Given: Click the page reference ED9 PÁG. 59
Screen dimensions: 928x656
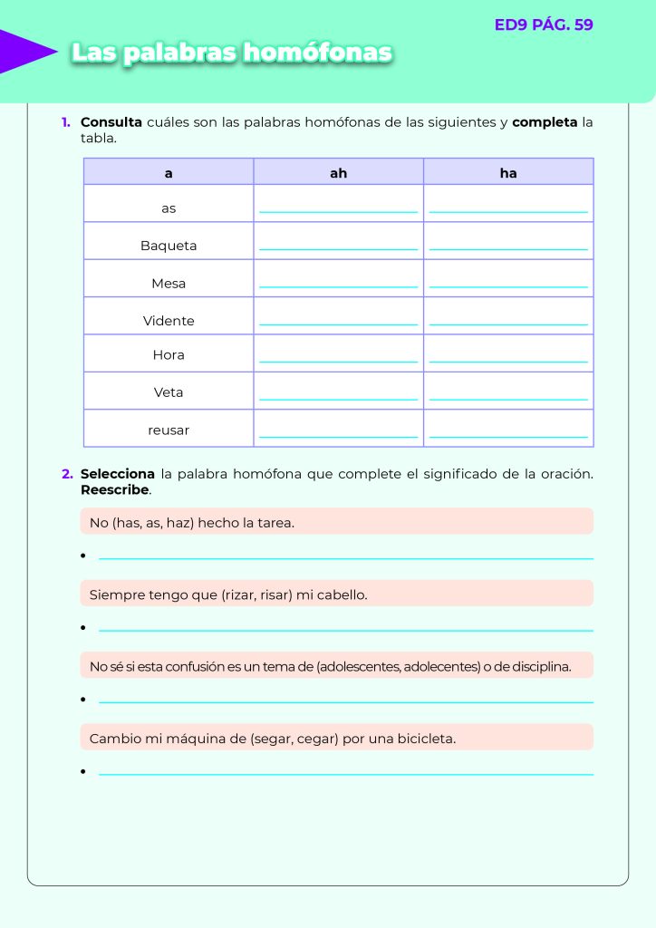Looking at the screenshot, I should [x=544, y=25].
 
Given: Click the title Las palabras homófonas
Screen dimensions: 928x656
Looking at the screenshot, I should [x=232, y=53].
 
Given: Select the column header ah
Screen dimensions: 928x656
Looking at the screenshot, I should [x=338, y=172].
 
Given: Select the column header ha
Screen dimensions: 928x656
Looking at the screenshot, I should [x=508, y=172].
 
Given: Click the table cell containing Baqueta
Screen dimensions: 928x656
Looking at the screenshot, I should [x=169, y=246].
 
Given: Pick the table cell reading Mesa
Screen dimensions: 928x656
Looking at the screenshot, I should [x=169, y=284].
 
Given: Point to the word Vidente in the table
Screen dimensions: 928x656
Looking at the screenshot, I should [x=169, y=321].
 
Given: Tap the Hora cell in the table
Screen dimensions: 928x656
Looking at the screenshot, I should [x=169, y=355].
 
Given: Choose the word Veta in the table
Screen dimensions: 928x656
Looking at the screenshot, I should [x=169, y=392].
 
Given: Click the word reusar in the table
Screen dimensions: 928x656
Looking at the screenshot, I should [x=169, y=430].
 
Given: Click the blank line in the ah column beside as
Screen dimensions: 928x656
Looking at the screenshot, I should [x=338, y=211].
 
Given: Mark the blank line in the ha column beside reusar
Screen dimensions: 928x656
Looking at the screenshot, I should [x=508, y=436].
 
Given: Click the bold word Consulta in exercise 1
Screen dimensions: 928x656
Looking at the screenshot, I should [x=111, y=122].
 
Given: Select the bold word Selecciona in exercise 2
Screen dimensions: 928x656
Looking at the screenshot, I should [x=118, y=474].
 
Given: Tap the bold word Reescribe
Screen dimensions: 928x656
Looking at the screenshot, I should [x=114, y=490].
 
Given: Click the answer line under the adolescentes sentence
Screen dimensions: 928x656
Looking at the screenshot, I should [x=345, y=701].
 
